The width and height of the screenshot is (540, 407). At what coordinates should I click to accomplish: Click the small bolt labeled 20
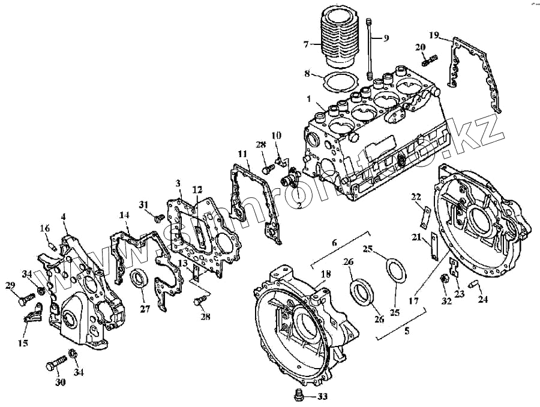point(430,60)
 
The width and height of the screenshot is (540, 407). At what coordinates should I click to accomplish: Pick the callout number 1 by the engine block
point(309,99)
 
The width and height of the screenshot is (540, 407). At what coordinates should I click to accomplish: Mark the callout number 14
point(124,215)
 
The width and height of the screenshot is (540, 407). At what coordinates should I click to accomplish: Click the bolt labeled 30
point(55,364)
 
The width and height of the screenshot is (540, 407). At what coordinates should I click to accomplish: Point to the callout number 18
point(325,274)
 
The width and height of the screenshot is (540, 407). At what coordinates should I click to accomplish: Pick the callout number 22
point(416,196)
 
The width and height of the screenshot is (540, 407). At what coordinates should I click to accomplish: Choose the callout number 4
point(63,216)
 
